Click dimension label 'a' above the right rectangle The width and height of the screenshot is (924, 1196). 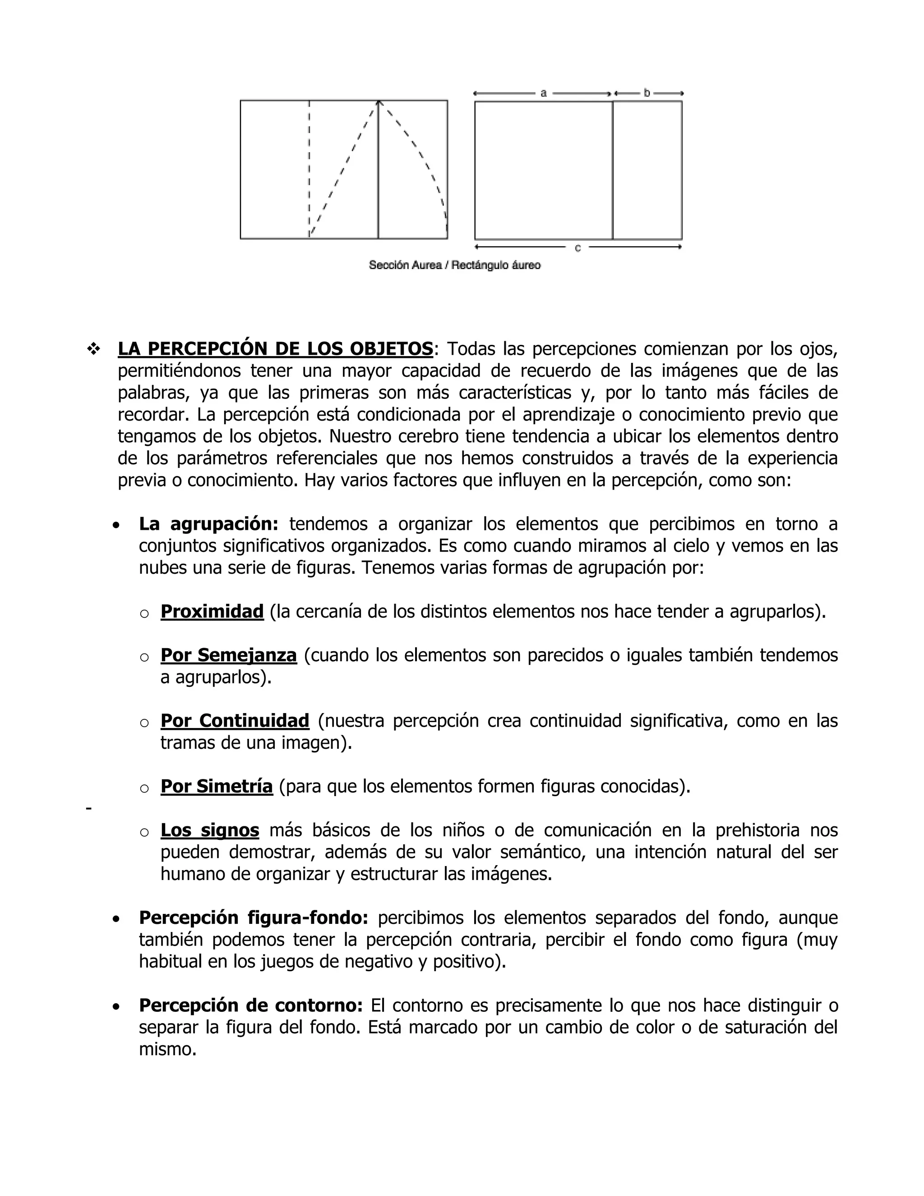(x=543, y=93)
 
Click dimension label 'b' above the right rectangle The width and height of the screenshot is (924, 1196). (x=647, y=93)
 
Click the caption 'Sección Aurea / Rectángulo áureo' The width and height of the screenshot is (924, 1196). (x=454, y=265)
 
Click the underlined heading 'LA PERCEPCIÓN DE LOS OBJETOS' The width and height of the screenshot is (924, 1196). (x=275, y=349)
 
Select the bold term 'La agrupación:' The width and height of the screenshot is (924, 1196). (x=208, y=524)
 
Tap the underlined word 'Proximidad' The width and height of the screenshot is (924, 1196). (x=212, y=611)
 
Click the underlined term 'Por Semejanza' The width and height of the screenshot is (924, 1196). (x=228, y=655)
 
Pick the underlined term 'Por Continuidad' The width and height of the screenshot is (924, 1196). (x=235, y=721)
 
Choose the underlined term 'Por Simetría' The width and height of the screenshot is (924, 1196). (x=216, y=786)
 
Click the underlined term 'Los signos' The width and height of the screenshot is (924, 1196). (x=210, y=830)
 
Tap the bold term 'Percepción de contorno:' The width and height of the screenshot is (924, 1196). (x=251, y=1006)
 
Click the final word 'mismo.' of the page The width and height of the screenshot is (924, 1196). (x=167, y=1049)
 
